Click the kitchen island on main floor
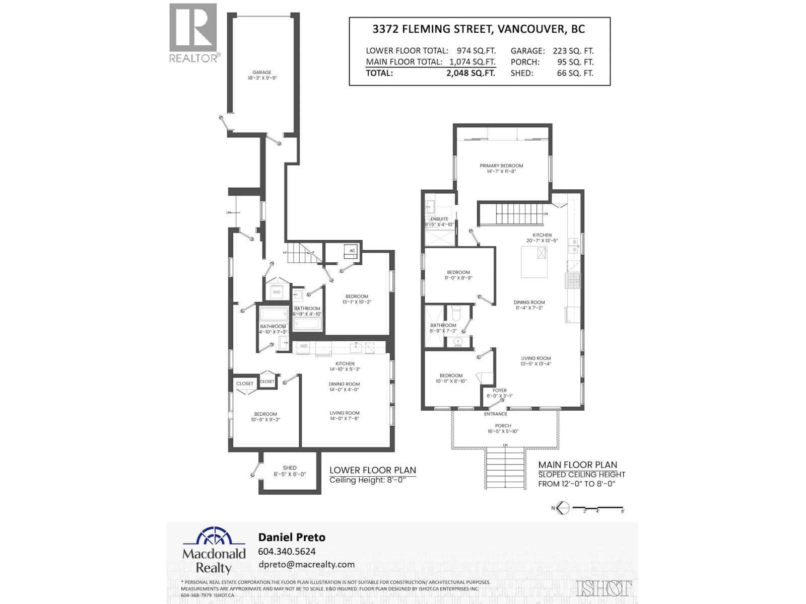pyautogui.click(x=534, y=262)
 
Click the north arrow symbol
pyautogui.click(x=562, y=508)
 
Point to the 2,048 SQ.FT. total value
pyautogui.click(x=471, y=73)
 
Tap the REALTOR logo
pyautogui.click(x=194, y=33)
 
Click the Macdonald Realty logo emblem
pyautogui.click(x=214, y=537)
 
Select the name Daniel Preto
pyautogui.click(x=292, y=537)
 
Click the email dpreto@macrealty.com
pyautogui.click(x=306, y=564)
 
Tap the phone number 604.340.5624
pyautogui.click(x=287, y=551)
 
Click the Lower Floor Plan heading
pyautogui.click(x=372, y=470)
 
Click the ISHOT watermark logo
pyautogui.click(x=603, y=588)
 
